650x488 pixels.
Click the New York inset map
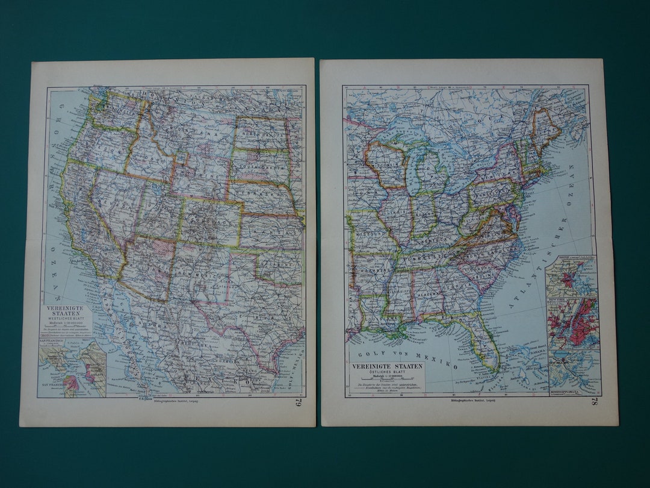click(572, 325)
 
